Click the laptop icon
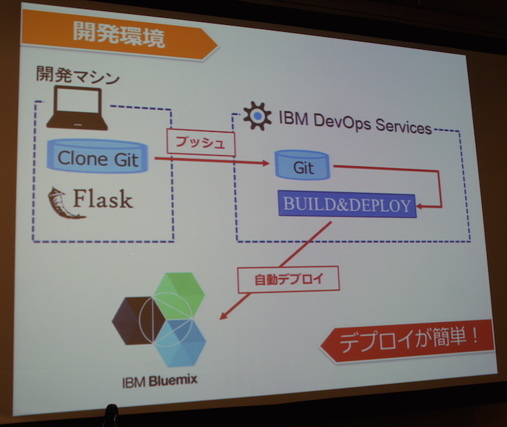click(x=77, y=110)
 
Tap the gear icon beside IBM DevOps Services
click(x=257, y=116)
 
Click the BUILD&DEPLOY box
click(x=347, y=204)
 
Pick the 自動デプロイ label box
click(x=278, y=279)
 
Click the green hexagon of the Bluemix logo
click(x=179, y=292)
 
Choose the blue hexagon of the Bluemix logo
click(x=181, y=343)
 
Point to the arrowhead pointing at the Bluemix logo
click(x=223, y=316)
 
